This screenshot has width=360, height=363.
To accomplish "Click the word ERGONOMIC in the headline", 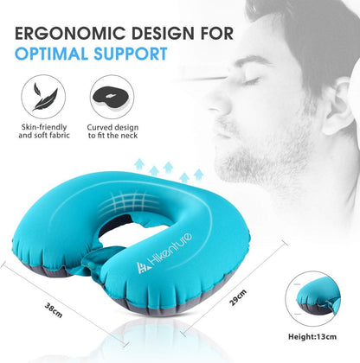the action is click(63, 33).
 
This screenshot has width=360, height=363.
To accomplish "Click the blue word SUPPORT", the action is click(131, 54).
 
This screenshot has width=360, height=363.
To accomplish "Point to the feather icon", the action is click(44, 97).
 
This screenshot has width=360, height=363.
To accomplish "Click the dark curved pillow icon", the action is click(112, 97).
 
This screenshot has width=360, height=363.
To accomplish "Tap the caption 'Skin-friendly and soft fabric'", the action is click(44, 131).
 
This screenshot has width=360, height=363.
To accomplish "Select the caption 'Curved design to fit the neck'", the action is click(112, 131).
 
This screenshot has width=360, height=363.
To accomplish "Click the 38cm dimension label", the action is click(54, 309).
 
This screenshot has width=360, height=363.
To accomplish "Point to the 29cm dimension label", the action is click(238, 297).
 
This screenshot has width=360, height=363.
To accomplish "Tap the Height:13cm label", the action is click(312, 336).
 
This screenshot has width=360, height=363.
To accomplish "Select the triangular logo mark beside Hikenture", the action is click(144, 268).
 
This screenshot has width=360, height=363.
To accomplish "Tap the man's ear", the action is click(338, 106).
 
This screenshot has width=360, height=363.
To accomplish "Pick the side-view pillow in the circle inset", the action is click(314, 297).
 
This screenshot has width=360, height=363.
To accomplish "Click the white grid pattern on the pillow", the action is click(128, 201).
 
